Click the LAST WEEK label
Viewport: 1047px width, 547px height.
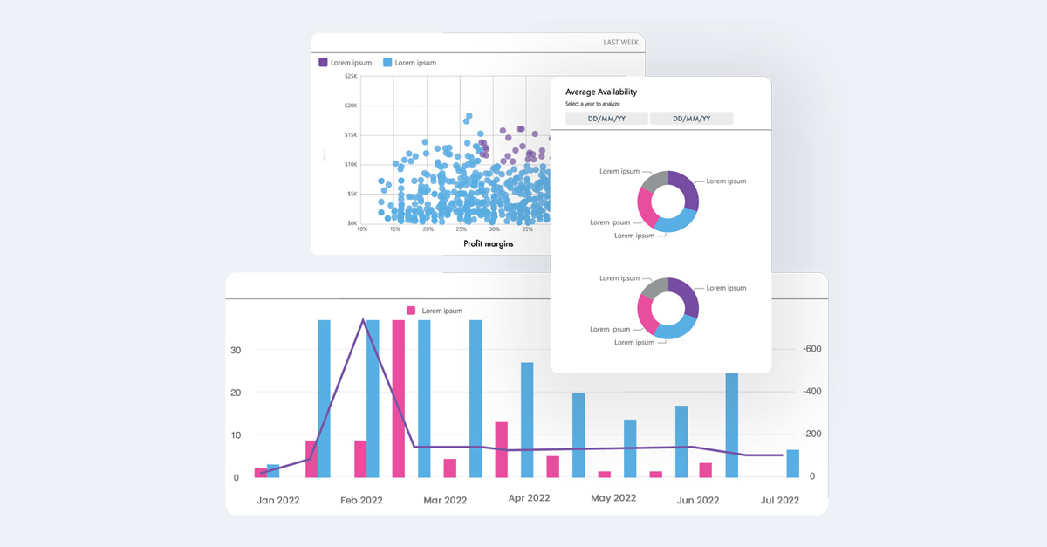(622, 42)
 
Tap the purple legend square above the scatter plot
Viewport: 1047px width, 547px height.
(323, 63)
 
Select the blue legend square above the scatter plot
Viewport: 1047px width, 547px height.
(387, 63)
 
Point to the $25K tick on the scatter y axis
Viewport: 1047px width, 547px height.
(349, 77)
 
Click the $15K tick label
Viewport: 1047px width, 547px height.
(349, 135)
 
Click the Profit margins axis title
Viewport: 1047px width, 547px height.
(489, 243)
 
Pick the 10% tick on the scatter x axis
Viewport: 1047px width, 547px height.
(362, 229)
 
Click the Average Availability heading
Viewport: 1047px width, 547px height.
(601, 92)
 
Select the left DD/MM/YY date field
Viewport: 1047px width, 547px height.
(606, 119)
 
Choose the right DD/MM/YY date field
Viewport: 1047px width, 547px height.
(691, 119)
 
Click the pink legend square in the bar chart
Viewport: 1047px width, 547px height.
(412, 311)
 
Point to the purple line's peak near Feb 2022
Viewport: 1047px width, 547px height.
(363, 320)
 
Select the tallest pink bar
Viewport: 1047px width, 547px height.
(399, 398)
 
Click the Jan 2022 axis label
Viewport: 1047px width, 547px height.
(279, 501)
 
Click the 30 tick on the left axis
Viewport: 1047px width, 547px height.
(236, 351)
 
